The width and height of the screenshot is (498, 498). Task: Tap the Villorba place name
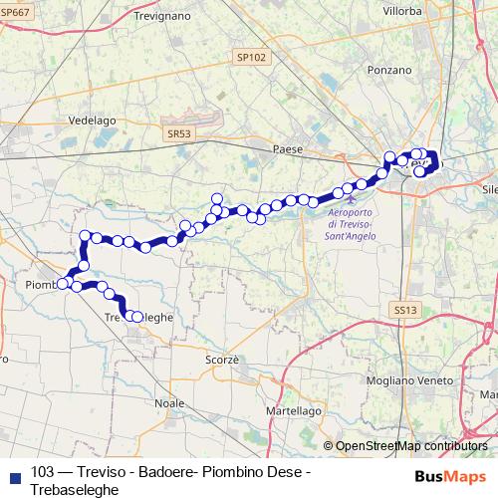403,11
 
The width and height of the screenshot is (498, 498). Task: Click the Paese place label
287,148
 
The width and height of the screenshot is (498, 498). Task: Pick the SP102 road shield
252,58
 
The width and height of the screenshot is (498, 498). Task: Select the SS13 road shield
402,311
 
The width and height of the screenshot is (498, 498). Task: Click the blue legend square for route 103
14,474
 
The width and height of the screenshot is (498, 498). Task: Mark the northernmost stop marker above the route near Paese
216,197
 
